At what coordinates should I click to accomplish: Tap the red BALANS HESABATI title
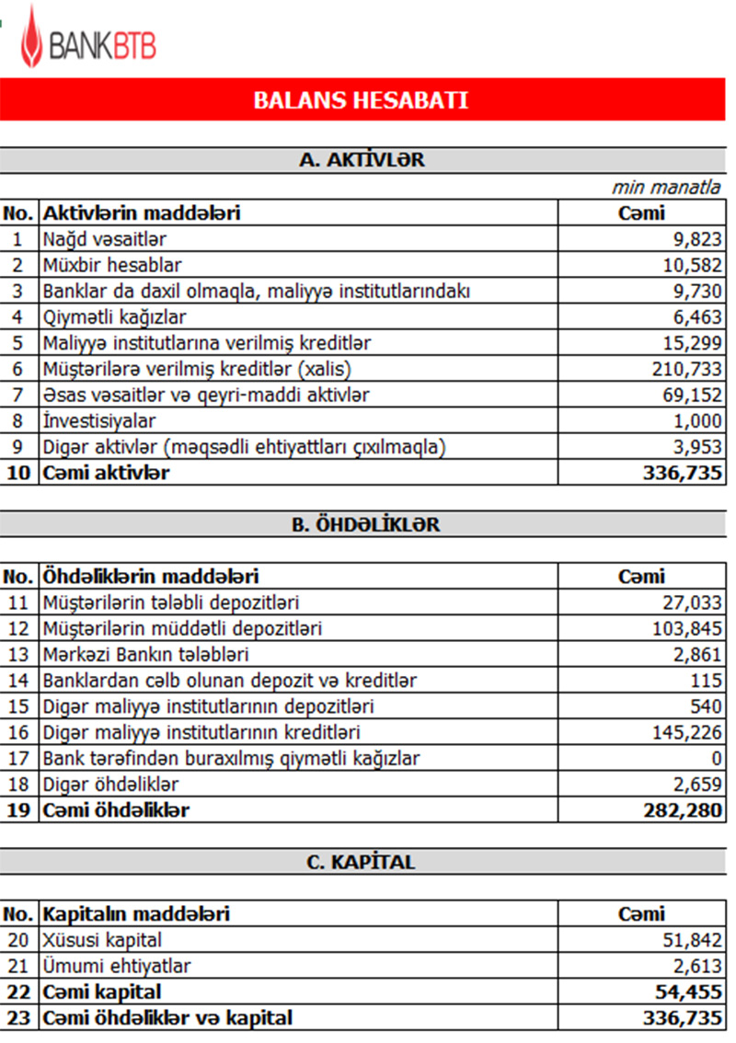pos(361,100)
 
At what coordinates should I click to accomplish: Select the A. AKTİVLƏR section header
pos(362,159)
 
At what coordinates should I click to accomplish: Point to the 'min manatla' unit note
pos(666,188)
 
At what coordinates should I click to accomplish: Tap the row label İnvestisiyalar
pos(100,421)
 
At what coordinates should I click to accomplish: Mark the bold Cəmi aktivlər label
pos(106,473)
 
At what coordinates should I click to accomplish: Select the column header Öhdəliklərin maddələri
pos(151,577)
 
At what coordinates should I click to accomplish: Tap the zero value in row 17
pos(717,759)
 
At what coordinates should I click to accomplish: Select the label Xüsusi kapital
pos(102,940)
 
